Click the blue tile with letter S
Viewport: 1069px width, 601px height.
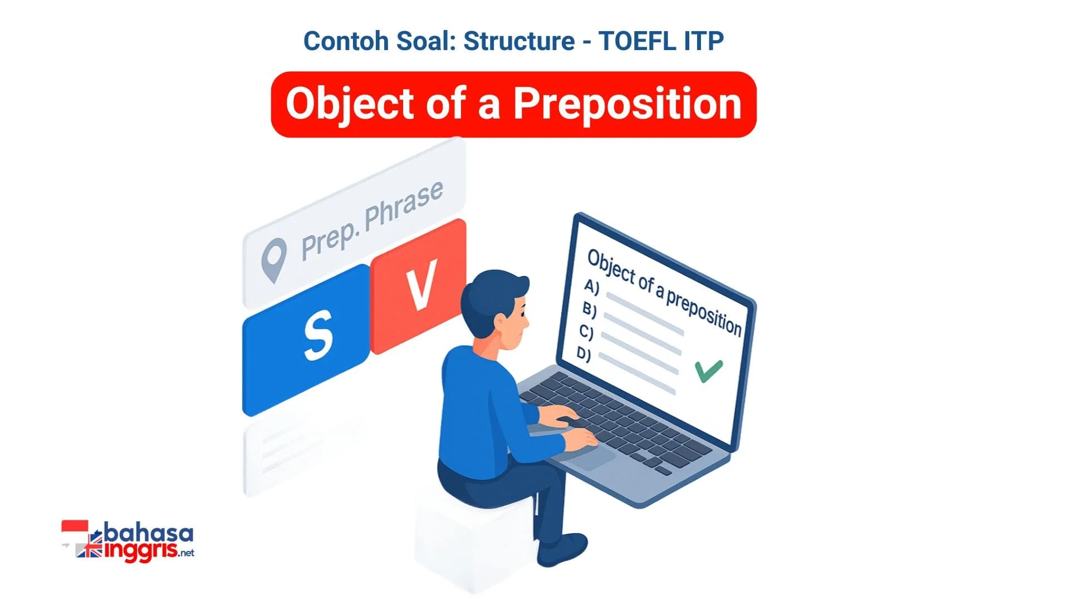point(306,340)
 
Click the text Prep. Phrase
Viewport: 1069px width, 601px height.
point(372,221)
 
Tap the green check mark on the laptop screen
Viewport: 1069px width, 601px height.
point(708,371)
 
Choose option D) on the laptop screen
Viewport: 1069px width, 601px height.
point(583,354)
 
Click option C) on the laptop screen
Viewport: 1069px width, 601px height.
point(586,332)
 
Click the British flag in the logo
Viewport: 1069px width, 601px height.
point(89,550)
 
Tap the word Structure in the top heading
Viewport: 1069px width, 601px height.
point(519,41)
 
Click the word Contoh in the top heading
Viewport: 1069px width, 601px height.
point(346,41)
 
